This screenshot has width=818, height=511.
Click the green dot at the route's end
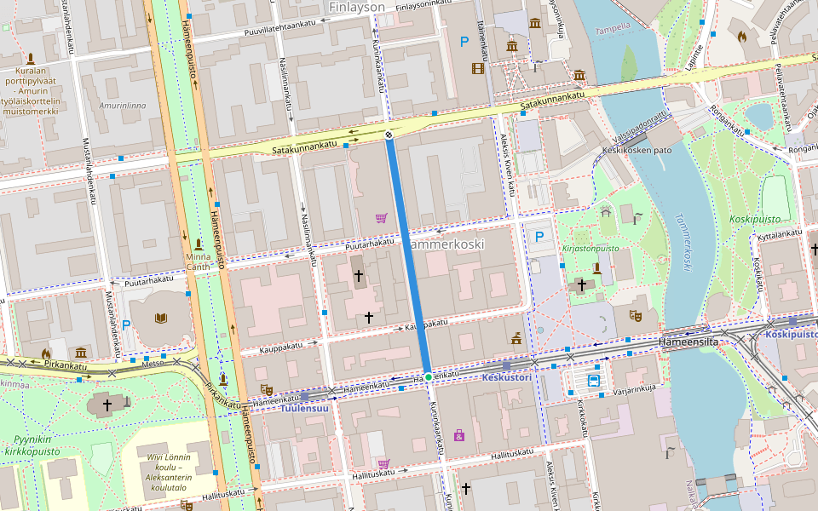pos(428,376)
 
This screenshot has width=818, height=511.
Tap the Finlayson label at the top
pos(356,7)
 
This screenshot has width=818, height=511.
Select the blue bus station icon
pos(593,381)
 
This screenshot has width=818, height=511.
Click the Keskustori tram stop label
pos(507,376)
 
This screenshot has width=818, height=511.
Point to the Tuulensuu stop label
pos(304,408)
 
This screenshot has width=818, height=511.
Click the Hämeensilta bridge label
pos(689,341)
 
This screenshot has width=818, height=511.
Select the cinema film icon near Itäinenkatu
pos(478,67)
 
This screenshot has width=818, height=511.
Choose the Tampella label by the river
pos(613,26)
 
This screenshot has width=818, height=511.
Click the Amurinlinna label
pos(123,106)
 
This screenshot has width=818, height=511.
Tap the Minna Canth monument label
pos(199,261)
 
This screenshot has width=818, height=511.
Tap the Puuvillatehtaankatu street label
pos(274,29)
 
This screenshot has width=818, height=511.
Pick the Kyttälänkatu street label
pos(780,233)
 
